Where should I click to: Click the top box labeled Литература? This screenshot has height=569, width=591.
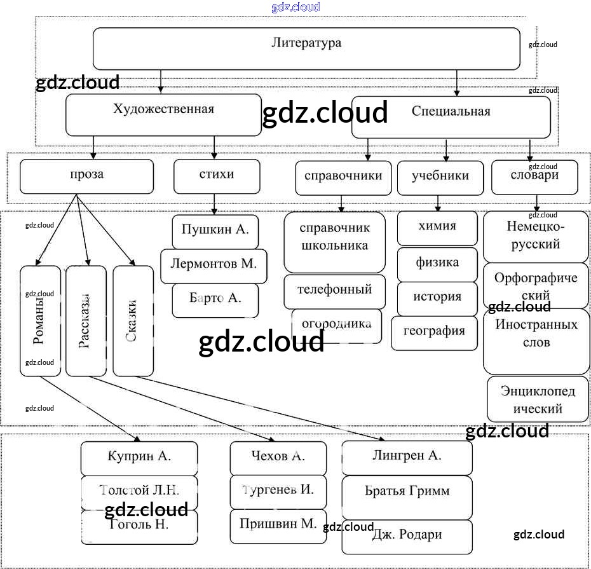(306, 48)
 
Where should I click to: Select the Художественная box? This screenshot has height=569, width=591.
(163, 114)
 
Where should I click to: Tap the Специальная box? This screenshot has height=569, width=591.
(451, 116)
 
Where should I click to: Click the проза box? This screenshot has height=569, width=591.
(86, 176)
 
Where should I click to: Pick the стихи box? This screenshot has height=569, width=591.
(216, 176)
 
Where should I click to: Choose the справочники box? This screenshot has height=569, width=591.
(343, 177)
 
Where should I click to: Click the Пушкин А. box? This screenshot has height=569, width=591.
(215, 232)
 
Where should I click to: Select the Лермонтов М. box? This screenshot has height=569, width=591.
(213, 266)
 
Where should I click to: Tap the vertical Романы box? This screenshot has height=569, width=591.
(40, 320)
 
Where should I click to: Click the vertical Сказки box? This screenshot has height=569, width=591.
(133, 320)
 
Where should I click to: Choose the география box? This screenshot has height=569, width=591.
(434, 332)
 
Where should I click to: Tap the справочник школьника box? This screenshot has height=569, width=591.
(334, 242)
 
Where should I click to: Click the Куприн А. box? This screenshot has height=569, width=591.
(139, 458)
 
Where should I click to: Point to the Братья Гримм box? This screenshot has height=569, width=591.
(407, 496)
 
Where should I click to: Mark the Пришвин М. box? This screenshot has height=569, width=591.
(278, 526)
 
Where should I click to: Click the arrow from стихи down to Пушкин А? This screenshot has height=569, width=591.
(215, 204)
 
